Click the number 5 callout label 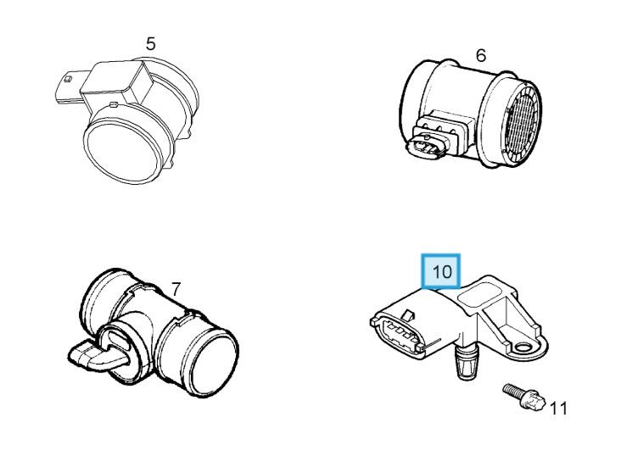150,44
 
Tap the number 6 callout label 481,56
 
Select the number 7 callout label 176,290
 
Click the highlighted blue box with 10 440,271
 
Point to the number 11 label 559,409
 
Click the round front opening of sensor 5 123,152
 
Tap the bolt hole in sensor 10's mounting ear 524,347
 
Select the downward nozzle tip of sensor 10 465,364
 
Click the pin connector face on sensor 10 399,333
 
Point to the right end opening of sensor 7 213,365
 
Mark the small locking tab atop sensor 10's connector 408,315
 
